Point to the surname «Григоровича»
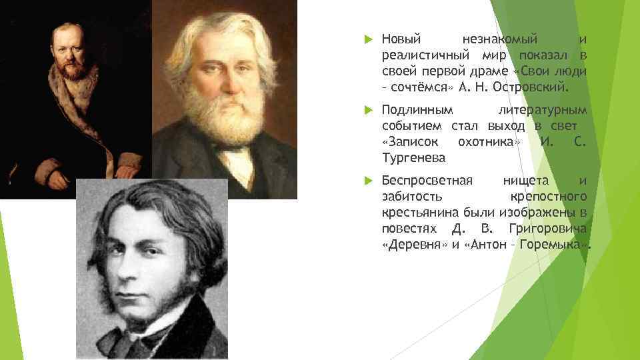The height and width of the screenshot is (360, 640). point(547,229)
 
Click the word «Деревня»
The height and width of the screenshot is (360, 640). point(414,245)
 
